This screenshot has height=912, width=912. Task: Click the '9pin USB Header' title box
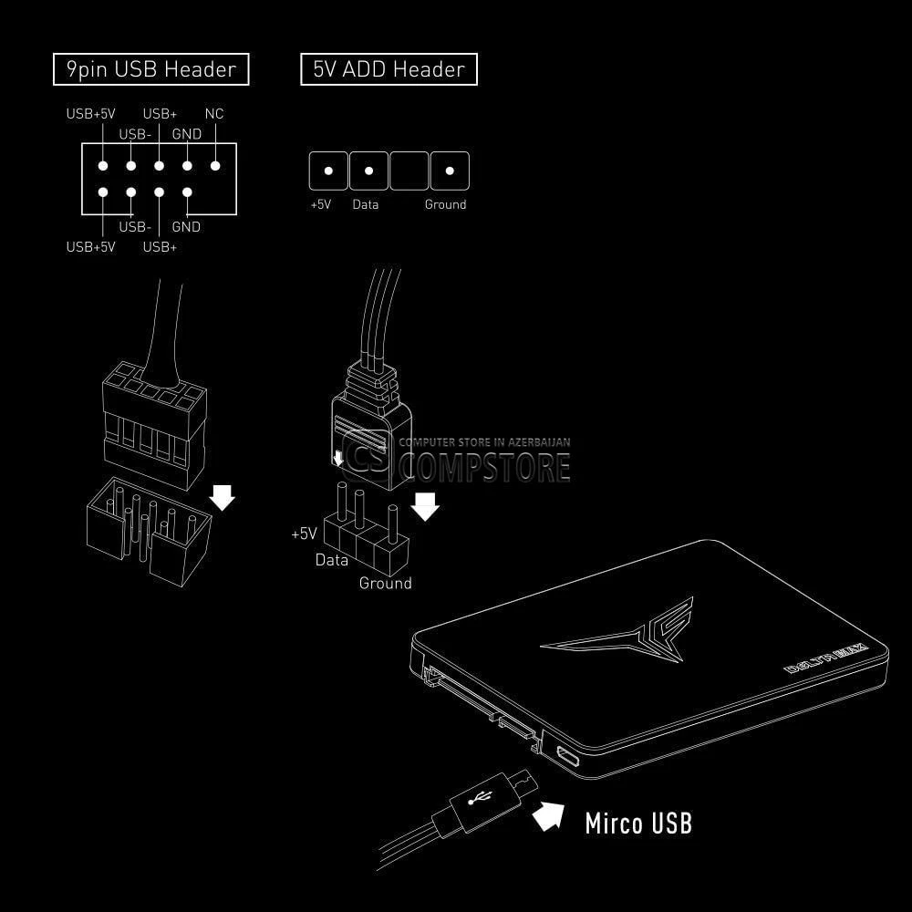pyautogui.click(x=150, y=69)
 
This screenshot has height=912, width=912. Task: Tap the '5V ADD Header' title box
pyautogui.click(x=389, y=69)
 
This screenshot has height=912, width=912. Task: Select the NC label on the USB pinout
pyautogui.click(x=214, y=113)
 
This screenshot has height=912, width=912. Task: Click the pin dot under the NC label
pyautogui.click(x=215, y=166)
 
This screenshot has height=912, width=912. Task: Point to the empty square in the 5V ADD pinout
pyautogui.click(x=409, y=171)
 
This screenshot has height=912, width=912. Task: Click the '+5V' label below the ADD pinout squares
pyautogui.click(x=320, y=204)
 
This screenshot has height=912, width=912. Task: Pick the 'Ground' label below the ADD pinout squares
pyautogui.click(x=446, y=204)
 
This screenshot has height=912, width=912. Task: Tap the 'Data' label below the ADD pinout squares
pyautogui.click(x=366, y=204)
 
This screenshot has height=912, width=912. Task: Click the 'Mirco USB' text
pyautogui.click(x=638, y=823)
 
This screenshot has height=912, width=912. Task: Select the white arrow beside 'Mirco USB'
pyautogui.click(x=549, y=814)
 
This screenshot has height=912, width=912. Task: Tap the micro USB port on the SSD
pyautogui.click(x=566, y=756)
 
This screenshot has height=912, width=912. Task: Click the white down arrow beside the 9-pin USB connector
pyautogui.click(x=222, y=497)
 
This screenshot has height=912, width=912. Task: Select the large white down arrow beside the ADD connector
pyautogui.click(x=425, y=506)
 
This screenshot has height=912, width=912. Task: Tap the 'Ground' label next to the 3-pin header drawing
pyautogui.click(x=385, y=583)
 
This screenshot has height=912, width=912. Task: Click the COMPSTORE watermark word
pyautogui.click(x=487, y=468)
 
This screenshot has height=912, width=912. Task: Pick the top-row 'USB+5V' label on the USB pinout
pyautogui.click(x=90, y=113)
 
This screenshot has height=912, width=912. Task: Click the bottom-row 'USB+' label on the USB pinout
pyautogui.click(x=160, y=246)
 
